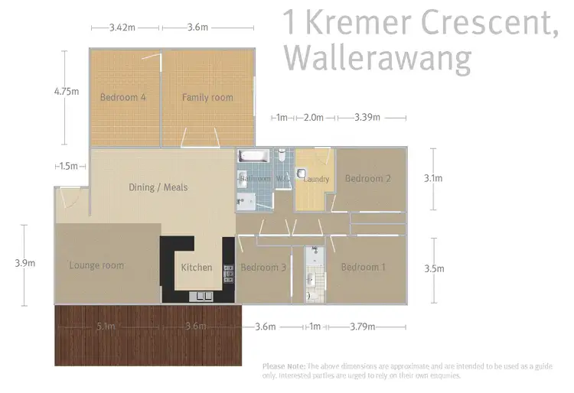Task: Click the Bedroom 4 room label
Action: [122, 97]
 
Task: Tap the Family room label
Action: [207, 97]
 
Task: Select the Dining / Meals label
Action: [158, 187]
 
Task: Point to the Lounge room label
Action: [96, 265]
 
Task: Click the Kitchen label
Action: [196, 268]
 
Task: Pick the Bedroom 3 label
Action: [263, 268]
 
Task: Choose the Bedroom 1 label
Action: [364, 267]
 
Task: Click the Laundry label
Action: [316, 180]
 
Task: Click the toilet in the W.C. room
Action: [282, 157]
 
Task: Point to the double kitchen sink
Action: [204, 296]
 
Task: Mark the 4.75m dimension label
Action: [67, 90]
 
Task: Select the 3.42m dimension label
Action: [122, 28]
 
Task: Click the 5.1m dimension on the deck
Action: [106, 326]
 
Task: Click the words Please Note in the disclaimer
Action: [283, 366]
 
